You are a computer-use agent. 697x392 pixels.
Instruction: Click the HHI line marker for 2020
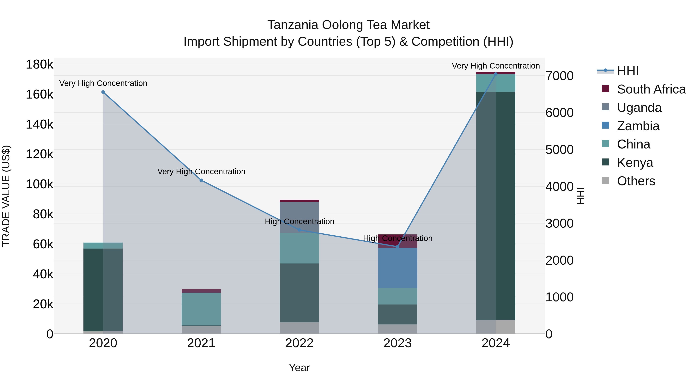point(103,92)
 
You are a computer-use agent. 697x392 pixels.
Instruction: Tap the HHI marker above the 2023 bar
point(397,247)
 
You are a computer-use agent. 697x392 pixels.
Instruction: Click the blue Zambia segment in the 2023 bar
point(397,268)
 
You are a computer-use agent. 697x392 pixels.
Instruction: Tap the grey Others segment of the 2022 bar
point(299,328)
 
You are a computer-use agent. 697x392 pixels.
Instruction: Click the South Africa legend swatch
point(605,89)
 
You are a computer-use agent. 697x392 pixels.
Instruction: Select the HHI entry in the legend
point(628,71)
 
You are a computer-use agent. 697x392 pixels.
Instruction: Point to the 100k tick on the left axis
point(39,184)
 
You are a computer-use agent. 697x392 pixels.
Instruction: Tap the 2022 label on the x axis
point(299,343)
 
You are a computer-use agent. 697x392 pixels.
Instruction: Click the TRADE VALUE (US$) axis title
point(6,196)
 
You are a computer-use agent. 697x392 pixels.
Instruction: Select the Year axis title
point(299,368)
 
